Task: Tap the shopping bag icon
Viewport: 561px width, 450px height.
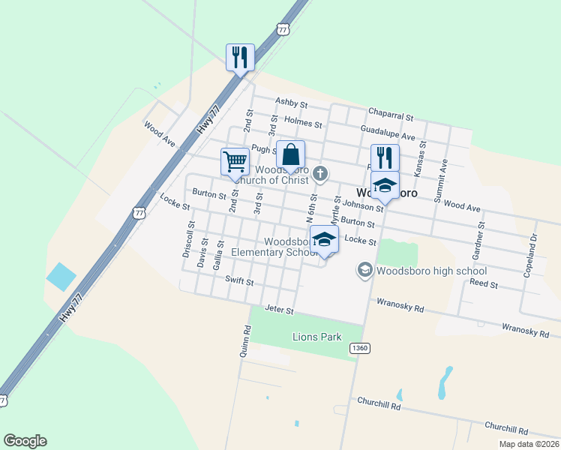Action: point(291,155)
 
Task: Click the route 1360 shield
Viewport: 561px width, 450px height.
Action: point(359,348)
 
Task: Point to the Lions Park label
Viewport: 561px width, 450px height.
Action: point(316,337)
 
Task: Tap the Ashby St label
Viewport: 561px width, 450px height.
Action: point(291,103)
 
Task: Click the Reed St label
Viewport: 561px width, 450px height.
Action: point(484,283)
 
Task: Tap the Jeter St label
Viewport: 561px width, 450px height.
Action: point(279,309)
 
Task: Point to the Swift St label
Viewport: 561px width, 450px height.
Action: point(240,281)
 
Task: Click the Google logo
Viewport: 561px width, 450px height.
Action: point(25,441)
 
